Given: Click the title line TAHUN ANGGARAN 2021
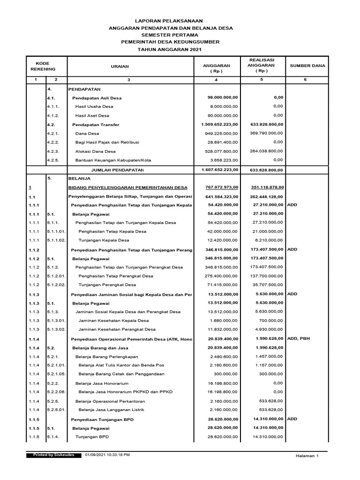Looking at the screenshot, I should tap(171, 49).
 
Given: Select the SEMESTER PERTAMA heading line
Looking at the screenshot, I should tap(171, 35).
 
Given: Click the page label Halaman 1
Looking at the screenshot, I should tap(307, 456).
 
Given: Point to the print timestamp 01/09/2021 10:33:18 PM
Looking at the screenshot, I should tap(108, 455).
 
